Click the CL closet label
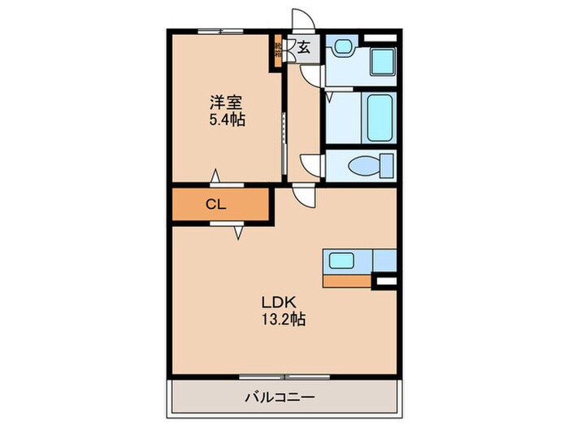coord(215,205)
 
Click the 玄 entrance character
coord(303,48)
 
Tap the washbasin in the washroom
coord(340,49)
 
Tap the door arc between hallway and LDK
coord(302,196)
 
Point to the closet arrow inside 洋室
coord(215,176)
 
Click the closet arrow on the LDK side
coord(239,233)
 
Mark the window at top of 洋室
coord(220,31)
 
